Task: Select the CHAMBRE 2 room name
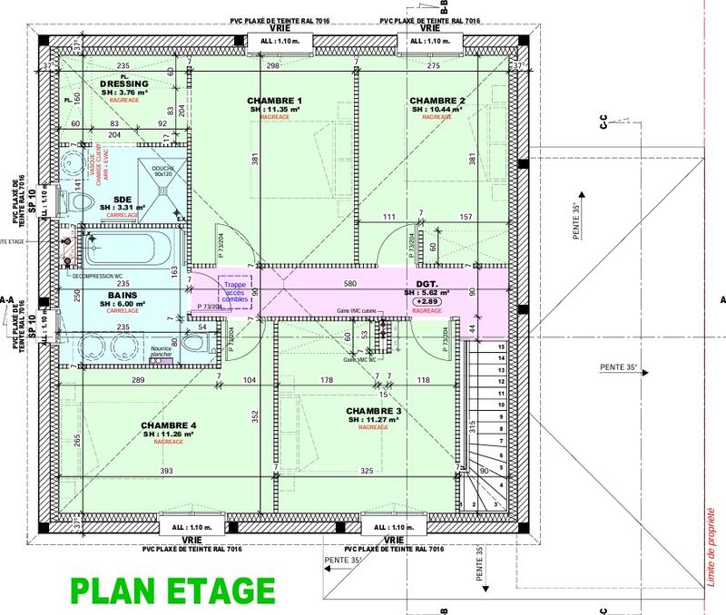pyautogui.click(x=437, y=100)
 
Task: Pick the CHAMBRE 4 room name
pyautogui.click(x=169, y=425)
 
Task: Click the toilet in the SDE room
pyautogui.click(x=76, y=201)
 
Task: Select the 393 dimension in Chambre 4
pyautogui.click(x=166, y=472)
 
